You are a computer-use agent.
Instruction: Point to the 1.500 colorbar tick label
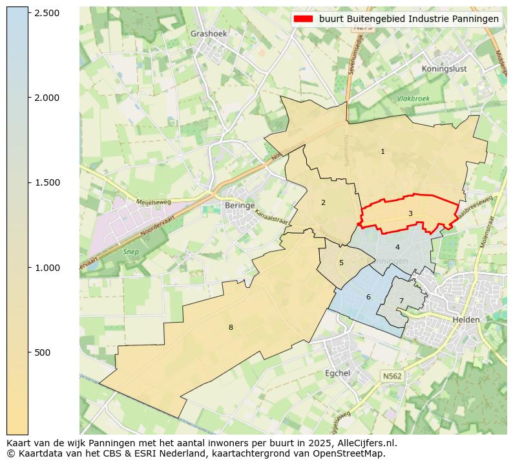coord(46,182)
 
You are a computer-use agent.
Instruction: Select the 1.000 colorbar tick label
coord(46,268)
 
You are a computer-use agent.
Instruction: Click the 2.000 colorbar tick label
coord(46,98)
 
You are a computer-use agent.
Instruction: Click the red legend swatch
coord(303,19)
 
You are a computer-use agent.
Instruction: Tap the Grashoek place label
coord(209,34)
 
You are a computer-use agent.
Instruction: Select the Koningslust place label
coord(444,69)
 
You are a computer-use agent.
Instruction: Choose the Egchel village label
coord(337,373)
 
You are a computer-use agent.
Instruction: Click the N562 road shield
coord(392,376)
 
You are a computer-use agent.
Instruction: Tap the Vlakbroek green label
coord(414,99)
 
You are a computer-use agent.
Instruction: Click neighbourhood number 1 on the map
coord(382,151)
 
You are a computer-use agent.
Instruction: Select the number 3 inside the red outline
coord(410,213)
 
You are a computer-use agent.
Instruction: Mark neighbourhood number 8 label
coord(230,327)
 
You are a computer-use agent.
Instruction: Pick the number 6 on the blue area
coord(368,297)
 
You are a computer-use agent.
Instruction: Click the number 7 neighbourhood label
coord(401,301)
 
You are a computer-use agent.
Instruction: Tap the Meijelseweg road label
coord(153,202)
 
